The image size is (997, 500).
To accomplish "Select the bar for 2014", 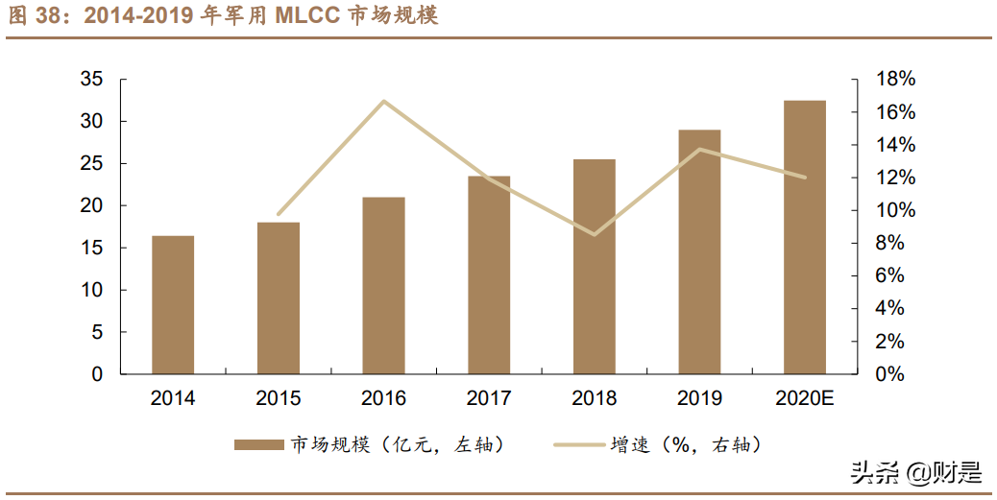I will (x=173, y=304).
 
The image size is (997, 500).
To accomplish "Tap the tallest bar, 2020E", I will (x=805, y=237).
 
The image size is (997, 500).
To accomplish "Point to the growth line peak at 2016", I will (x=383, y=101).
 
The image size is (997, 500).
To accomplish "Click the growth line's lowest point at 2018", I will (x=595, y=234).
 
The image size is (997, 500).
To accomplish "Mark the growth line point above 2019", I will (x=700, y=149).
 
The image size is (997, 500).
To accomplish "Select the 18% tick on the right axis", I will (x=895, y=80).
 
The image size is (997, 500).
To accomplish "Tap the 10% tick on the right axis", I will (x=895, y=211).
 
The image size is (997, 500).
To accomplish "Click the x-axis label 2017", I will (x=489, y=398).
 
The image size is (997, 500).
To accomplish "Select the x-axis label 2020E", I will (x=805, y=398).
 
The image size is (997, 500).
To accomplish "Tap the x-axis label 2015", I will (x=279, y=398).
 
